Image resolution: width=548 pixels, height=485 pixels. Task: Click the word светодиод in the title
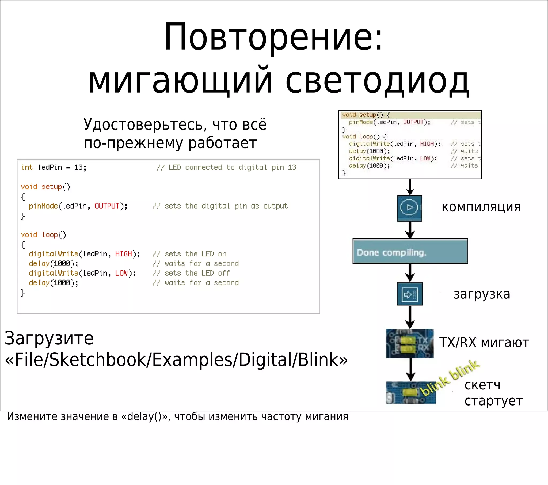pyautogui.click(x=377, y=81)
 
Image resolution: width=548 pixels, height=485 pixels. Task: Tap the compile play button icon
pyautogui.click(x=409, y=208)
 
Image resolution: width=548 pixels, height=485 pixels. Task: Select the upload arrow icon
pyautogui.click(x=409, y=294)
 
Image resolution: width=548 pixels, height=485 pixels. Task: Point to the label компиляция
pyautogui.click(x=481, y=207)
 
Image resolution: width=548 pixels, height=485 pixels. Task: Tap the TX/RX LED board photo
pyautogui.click(x=410, y=343)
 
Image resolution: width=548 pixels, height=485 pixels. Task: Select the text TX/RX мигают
pyautogui.click(x=484, y=343)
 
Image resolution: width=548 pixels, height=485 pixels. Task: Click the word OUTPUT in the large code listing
pyautogui.click(x=107, y=206)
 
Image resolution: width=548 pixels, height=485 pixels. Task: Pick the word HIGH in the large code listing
pyautogui.click(x=123, y=254)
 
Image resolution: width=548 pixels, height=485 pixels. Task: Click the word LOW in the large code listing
pyautogui.click(x=121, y=273)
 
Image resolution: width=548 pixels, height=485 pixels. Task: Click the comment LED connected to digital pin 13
pyautogui.click(x=227, y=168)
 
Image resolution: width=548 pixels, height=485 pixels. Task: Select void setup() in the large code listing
pyautogui.click(x=45, y=187)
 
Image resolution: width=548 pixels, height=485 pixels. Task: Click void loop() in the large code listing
pyautogui.click(x=43, y=235)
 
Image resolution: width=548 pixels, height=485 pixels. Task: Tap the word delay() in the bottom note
pyautogui.click(x=144, y=416)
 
